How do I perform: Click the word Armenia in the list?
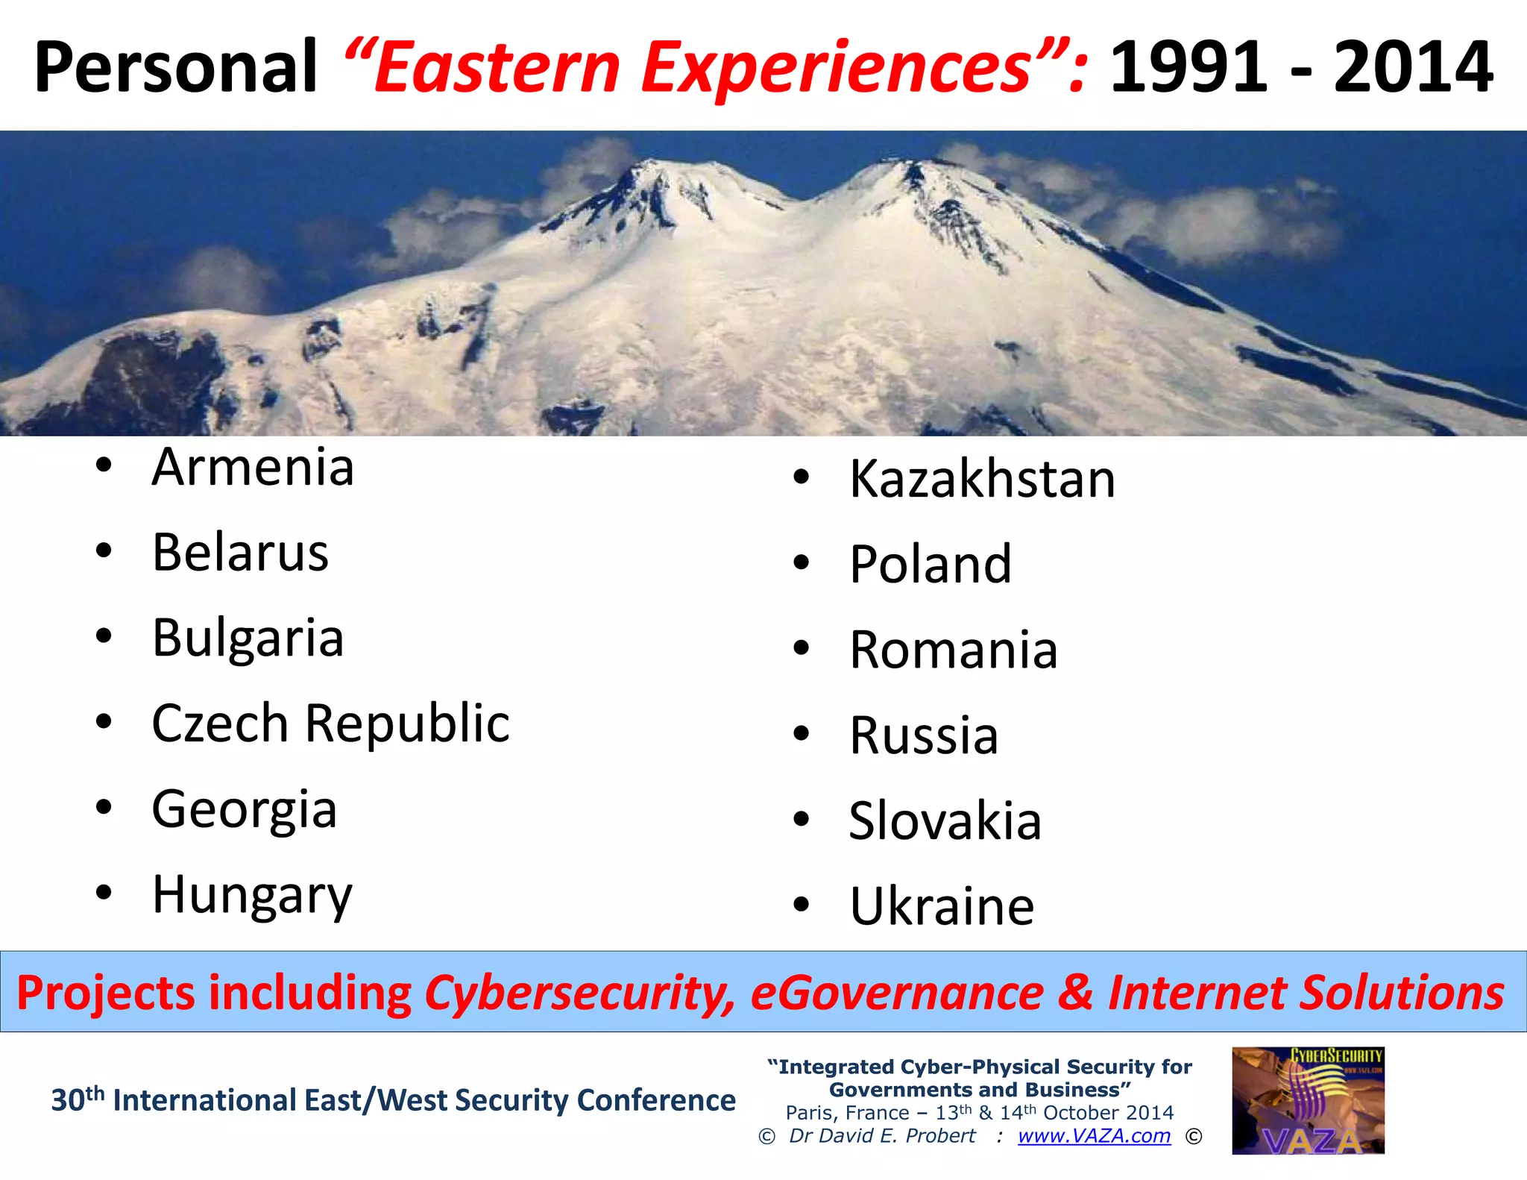253,468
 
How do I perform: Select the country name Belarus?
240,553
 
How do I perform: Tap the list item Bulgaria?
248,639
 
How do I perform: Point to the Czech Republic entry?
330,724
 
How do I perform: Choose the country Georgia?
244,810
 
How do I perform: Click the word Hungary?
252,895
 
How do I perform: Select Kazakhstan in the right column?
982,479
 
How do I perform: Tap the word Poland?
931,565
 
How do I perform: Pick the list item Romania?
954,650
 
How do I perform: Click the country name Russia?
924,736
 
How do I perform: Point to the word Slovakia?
945,821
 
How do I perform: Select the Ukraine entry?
942,907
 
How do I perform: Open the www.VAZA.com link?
1094,1135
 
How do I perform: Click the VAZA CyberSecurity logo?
1308,1101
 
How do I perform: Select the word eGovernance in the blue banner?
897,994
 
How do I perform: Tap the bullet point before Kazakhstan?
802,477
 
